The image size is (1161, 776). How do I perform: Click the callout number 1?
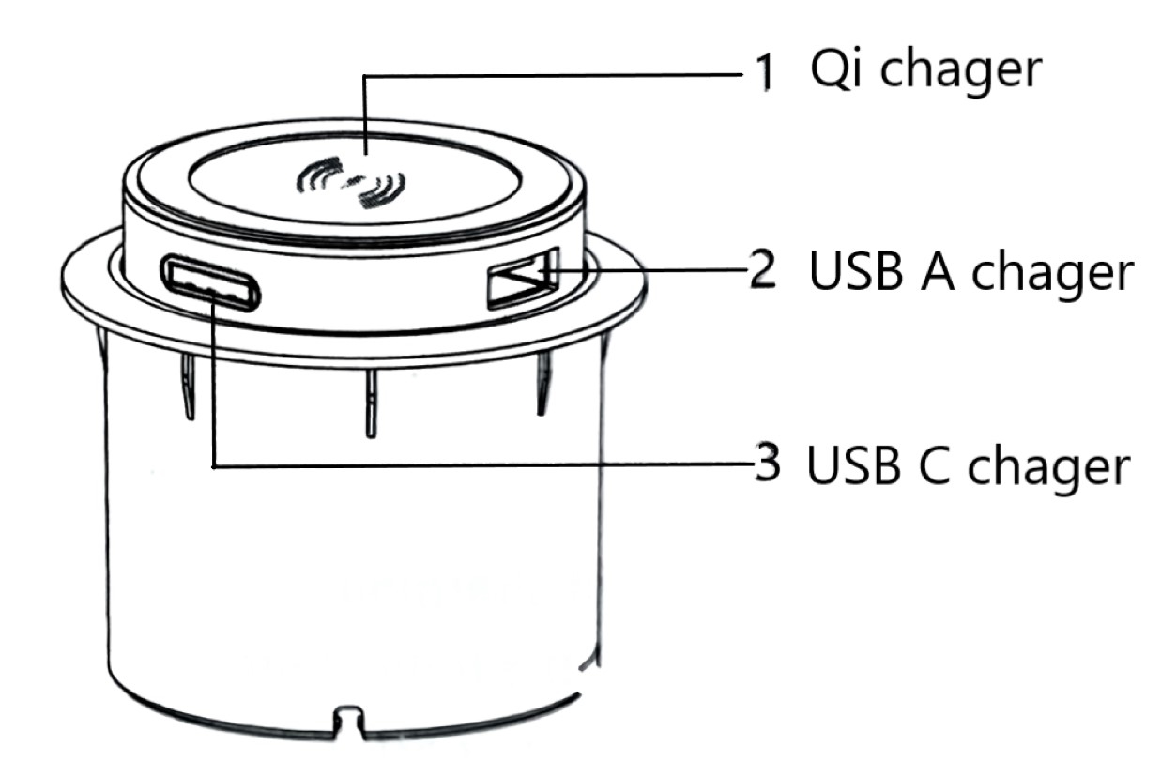[x=766, y=73]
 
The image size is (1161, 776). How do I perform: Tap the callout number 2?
[x=763, y=268]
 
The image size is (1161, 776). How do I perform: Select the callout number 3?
[x=767, y=462]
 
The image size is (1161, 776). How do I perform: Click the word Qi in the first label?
[x=835, y=69]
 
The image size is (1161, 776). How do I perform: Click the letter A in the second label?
[x=937, y=270]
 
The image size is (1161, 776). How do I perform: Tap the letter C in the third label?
[x=934, y=464]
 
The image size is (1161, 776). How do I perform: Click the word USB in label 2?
[x=856, y=270]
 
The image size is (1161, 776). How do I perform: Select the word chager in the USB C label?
[x=1049, y=469]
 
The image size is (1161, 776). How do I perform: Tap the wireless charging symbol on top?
[x=350, y=183]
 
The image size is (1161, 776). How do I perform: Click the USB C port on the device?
[x=210, y=282]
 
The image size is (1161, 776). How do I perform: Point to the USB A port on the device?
[x=523, y=279]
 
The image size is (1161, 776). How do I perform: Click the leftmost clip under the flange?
[x=188, y=386]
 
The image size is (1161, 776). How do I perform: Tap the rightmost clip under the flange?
[x=543, y=382]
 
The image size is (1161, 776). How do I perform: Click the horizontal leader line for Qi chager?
[x=553, y=76]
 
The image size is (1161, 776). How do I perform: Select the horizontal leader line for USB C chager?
[x=483, y=465]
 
